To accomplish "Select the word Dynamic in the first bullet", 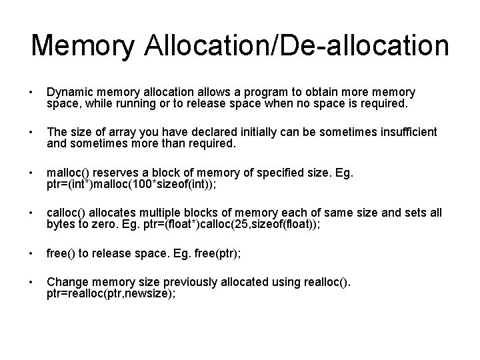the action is tap(69, 91).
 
